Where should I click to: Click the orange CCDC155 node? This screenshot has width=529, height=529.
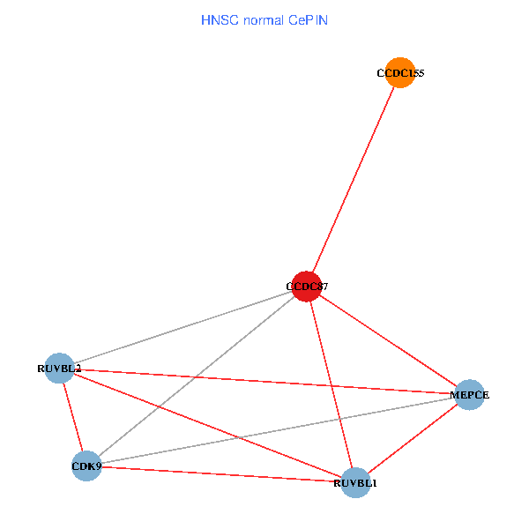pyautogui.click(x=400, y=72)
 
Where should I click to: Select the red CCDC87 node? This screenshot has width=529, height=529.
pyautogui.click(x=306, y=286)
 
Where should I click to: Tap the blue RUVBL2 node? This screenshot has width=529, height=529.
pyautogui.click(x=59, y=368)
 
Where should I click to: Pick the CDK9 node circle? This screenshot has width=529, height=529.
pyautogui.click(x=86, y=466)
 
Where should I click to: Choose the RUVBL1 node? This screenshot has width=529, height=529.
pyautogui.click(x=355, y=483)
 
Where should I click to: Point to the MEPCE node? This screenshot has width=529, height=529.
pyautogui.click(x=469, y=394)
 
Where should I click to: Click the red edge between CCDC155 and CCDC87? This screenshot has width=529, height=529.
pyautogui.click(x=353, y=179)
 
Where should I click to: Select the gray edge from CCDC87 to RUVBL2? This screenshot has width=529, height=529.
pyautogui.click(x=183, y=326)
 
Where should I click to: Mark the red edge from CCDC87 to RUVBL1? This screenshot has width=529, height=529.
pyautogui.click(x=331, y=384)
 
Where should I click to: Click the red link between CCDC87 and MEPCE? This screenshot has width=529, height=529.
pyautogui.click(x=388, y=340)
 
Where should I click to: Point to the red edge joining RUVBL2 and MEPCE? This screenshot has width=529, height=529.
pyautogui.click(x=264, y=381)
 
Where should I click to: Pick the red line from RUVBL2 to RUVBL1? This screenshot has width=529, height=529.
pyautogui.click(x=207, y=425)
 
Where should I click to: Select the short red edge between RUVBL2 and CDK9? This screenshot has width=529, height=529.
pyautogui.click(x=72, y=416)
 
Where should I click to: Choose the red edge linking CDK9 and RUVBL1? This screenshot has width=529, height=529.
pyautogui.click(x=220, y=474)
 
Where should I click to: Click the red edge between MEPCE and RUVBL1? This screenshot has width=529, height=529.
pyautogui.click(x=412, y=439)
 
